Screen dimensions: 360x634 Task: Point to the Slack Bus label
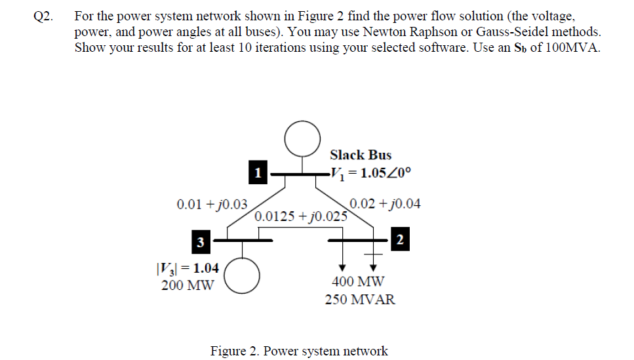click(x=361, y=155)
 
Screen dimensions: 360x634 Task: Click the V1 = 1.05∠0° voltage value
click(x=372, y=174)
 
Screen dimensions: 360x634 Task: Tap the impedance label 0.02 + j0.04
click(x=386, y=204)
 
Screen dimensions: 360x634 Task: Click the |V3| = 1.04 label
click(x=188, y=268)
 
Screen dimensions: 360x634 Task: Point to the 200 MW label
click(x=188, y=285)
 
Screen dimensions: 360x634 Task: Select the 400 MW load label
click(x=359, y=282)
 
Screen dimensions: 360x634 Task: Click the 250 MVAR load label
click(x=360, y=300)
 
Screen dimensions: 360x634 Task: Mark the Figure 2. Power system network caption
click(x=299, y=351)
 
